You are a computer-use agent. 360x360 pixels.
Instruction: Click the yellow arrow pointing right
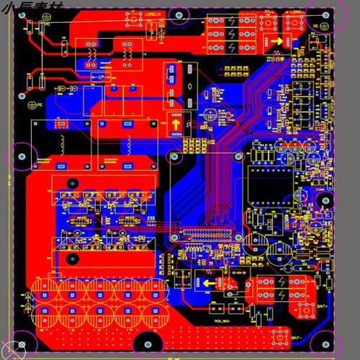click(x=277, y=42)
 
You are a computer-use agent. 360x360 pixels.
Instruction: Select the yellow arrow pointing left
click(x=209, y=284)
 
